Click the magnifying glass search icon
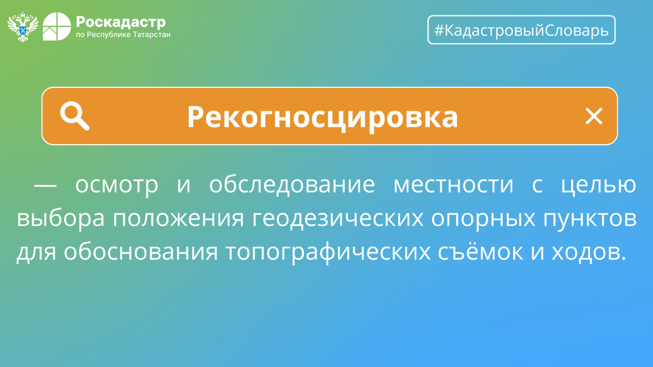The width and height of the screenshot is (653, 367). pos(75,116)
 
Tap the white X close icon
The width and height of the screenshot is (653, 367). pos(594,116)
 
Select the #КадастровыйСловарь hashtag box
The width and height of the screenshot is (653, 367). pos(521,30)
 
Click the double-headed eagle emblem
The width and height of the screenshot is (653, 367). pos(23,27)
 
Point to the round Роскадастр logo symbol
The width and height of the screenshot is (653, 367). pos(57,27)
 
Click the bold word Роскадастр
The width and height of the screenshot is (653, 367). pos(121,22)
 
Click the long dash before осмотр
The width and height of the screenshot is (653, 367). pos(45,185)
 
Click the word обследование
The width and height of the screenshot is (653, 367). pos(292,184)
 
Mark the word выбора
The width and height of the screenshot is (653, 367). pos(61,217)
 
